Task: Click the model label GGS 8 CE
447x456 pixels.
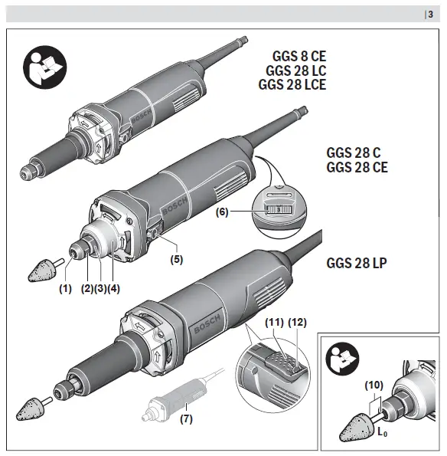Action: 299,56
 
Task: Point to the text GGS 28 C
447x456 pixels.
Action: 354,153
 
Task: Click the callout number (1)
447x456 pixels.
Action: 65,290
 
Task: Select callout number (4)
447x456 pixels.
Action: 114,290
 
